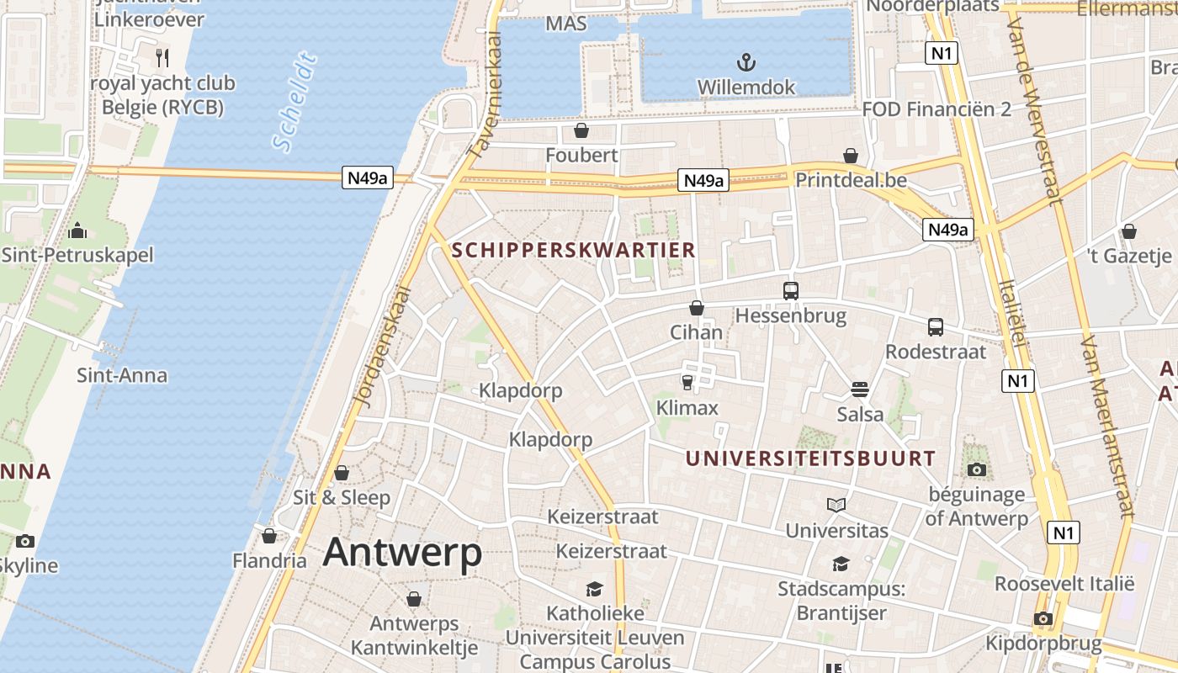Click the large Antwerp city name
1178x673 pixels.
402,553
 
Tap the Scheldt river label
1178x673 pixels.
296,103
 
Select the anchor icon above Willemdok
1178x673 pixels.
746,61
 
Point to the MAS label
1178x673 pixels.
565,24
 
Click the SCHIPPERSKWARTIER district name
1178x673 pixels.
574,250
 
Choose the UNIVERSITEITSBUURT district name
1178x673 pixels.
809,458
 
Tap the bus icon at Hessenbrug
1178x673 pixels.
791,291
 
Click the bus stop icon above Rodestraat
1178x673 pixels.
936,327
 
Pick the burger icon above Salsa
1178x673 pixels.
860,389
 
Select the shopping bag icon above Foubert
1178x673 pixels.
581,130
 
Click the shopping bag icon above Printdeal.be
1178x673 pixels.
851,156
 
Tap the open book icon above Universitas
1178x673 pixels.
836,505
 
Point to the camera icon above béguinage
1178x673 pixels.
976,469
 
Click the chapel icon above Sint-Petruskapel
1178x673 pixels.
77,231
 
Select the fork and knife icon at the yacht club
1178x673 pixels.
162,57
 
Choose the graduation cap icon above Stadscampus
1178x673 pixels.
841,564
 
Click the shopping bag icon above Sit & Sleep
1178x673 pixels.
342,473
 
